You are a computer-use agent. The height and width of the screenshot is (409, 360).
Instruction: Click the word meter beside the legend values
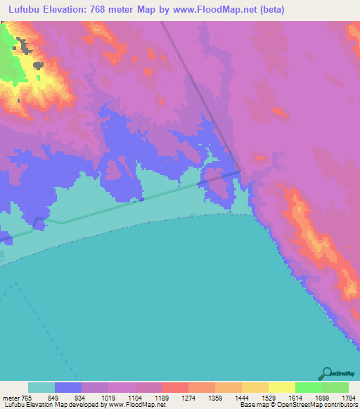[12, 397]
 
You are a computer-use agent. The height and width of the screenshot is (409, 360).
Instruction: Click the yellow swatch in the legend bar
[281, 387]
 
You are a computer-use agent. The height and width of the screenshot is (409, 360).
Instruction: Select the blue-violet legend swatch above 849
[68, 387]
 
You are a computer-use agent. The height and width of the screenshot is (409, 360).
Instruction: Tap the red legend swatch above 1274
[175, 387]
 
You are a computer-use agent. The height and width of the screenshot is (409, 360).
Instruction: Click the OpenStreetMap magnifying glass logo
[326, 373]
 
